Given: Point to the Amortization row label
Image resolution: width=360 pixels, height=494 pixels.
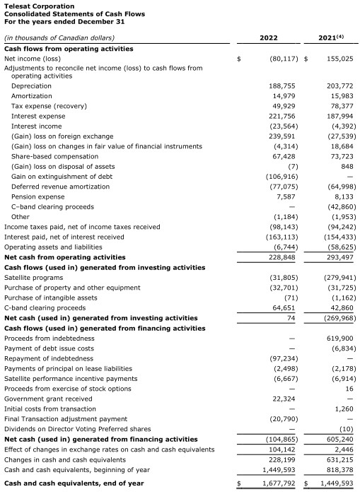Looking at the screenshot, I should (x=31, y=95).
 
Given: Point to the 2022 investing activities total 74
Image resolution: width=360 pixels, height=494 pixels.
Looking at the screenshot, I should (x=289, y=318).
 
